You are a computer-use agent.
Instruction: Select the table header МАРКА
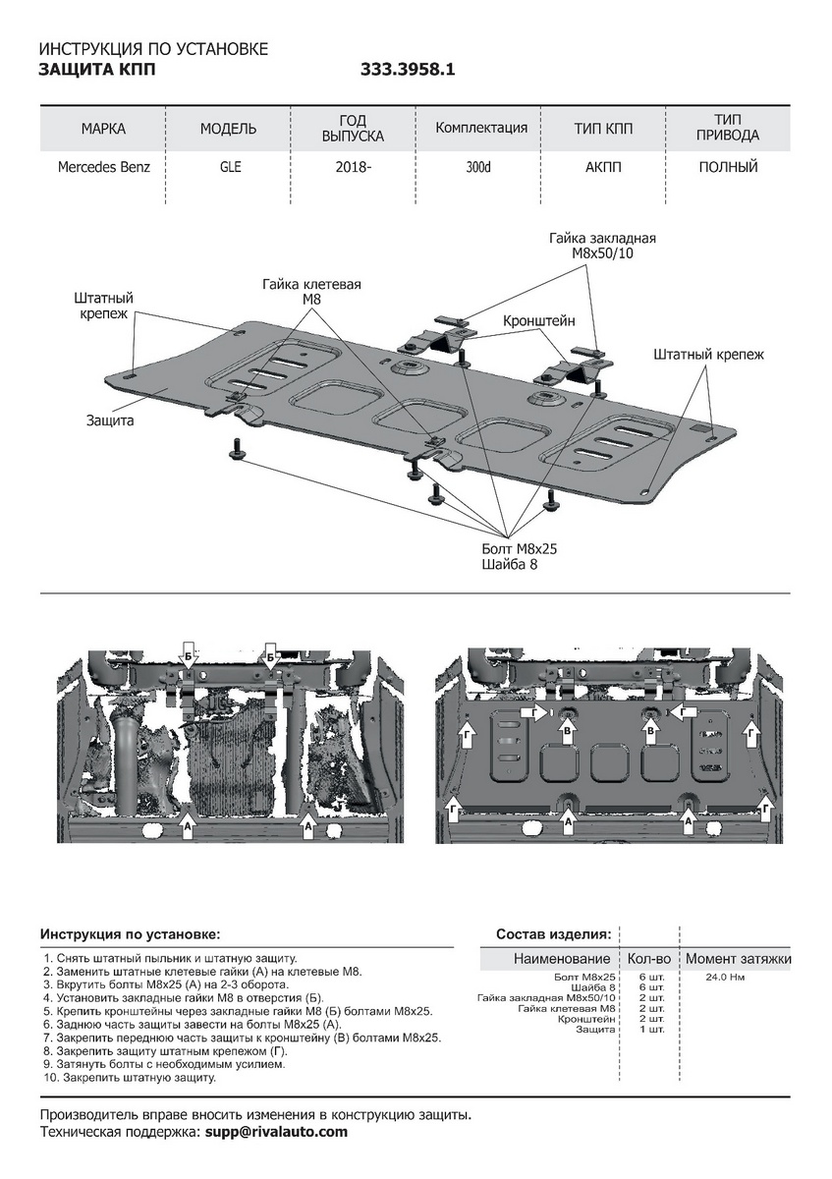103,129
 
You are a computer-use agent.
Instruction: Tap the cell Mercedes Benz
104,167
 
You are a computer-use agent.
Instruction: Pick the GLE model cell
230,167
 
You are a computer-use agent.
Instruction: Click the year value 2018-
353,167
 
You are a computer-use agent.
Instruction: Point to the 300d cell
479,167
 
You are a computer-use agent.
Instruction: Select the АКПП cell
603,167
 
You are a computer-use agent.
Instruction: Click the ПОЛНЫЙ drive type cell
728,167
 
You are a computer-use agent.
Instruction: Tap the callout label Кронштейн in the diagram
538,321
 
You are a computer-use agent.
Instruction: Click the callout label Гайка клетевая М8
311,292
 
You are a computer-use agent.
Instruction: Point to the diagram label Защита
110,420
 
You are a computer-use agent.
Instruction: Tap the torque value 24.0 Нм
725,979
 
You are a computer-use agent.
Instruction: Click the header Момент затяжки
738,959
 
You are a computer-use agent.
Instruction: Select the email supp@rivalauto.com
275,1132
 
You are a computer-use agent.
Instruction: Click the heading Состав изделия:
554,933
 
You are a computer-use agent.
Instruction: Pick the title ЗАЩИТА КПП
95,70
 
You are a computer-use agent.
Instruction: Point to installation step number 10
129,1078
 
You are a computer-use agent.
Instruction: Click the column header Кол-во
648,959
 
